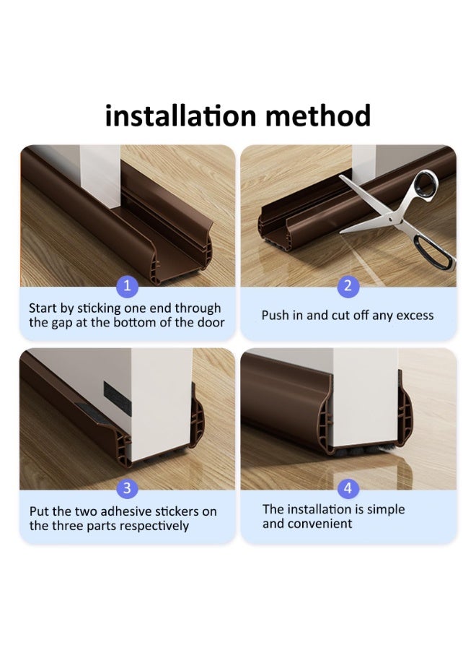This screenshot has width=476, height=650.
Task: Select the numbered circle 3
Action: (x=127, y=489)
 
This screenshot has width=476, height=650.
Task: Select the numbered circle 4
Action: (x=348, y=489)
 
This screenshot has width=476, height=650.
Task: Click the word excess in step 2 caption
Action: (x=413, y=316)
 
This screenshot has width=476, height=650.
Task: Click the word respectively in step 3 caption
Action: (x=152, y=526)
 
